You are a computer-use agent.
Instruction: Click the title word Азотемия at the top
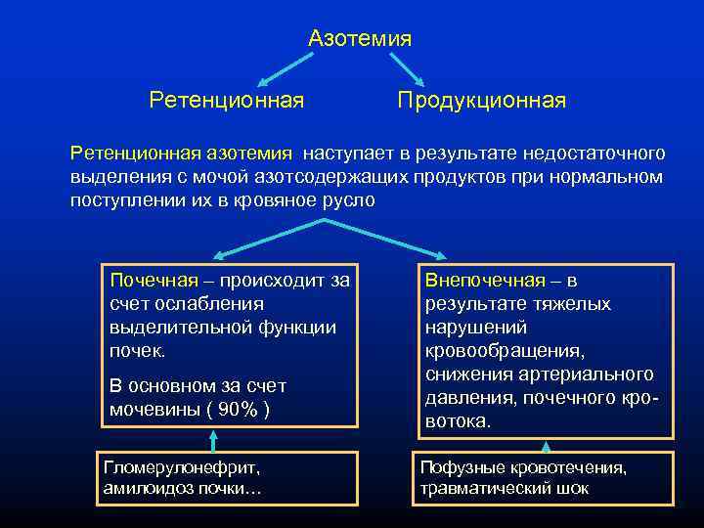point(359,39)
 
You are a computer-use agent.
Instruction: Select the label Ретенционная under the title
point(226,101)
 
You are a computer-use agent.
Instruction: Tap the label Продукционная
point(481,101)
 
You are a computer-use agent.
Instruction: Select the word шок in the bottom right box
point(572,488)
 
